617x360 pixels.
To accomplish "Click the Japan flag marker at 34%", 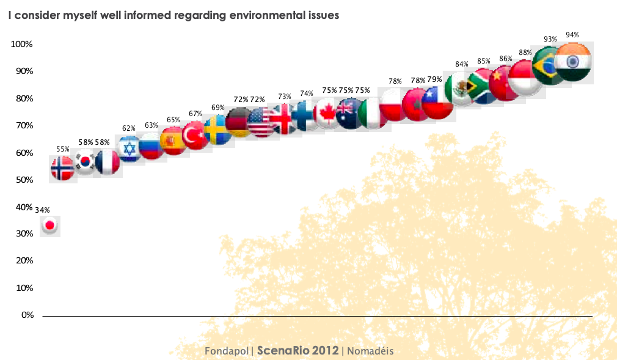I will (x=50, y=226).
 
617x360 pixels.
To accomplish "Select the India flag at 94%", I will (x=572, y=61).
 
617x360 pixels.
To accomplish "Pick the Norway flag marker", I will (x=62, y=167).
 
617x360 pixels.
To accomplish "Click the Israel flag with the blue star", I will (x=130, y=148).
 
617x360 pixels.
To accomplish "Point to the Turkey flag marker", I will (x=195, y=135).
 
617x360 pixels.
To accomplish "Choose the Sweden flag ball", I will (x=217, y=130).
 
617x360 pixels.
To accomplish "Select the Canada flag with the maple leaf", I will (x=327, y=113).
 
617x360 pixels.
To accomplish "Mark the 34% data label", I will (x=42, y=210).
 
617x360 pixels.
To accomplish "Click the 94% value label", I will (x=572, y=35).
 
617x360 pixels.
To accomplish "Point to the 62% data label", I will (x=128, y=128).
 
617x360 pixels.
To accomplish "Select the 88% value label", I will (x=525, y=53).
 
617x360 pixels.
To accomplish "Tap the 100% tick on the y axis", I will (x=21, y=45).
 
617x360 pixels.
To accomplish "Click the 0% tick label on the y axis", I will (x=27, y=315).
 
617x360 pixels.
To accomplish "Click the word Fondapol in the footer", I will (x=226, y=351).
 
